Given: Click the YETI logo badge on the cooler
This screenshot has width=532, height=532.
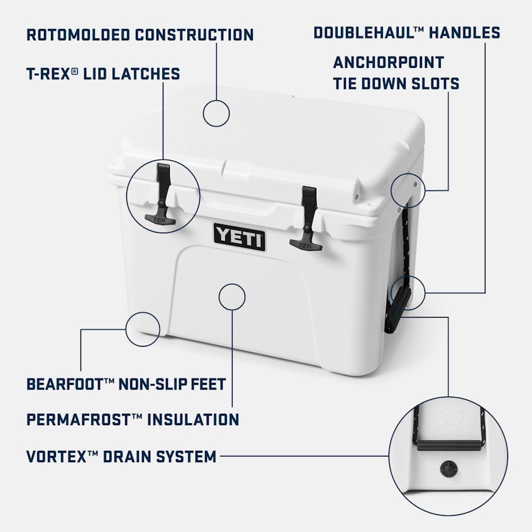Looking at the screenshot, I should tap(240, 237).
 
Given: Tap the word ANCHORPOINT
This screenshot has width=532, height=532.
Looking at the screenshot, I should tap(388, 62).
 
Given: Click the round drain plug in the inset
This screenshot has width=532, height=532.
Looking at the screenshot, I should tap(450, 468).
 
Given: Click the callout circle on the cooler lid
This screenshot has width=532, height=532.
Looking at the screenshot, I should tap(216, 113).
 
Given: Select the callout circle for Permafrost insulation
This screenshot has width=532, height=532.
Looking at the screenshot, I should tap(231, 297).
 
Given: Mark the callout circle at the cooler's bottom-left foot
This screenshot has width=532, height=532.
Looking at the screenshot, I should tap(143, 328).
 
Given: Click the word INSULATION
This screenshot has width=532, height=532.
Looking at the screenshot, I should tap(193, 419).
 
